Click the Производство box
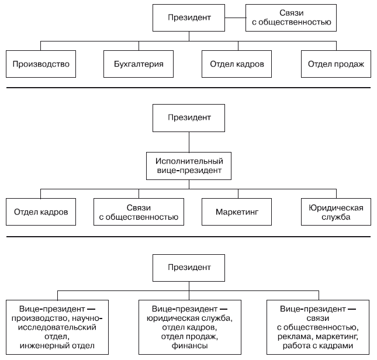41,64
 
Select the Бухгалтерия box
139,64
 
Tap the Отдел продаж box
336,64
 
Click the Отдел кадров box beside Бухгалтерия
237,64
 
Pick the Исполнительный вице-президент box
189,166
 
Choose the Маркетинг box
237,212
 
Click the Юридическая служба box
336,212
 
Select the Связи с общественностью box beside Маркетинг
139,212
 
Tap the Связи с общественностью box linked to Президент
291,18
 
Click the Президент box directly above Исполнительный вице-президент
189,118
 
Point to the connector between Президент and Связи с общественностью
236,18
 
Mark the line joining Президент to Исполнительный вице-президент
189,142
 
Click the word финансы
190,345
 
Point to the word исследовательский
57,327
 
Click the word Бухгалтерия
139,64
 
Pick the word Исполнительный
189,161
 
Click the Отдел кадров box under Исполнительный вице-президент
41,212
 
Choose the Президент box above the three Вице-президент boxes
189,268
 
